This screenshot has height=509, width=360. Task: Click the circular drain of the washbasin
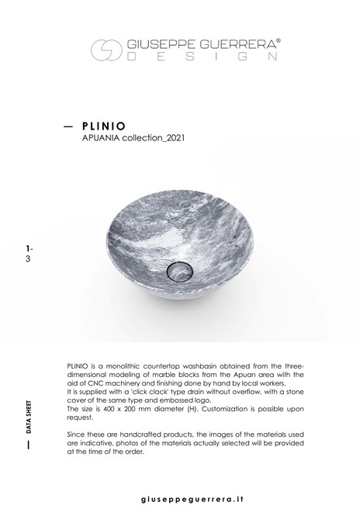click(x=179, y=272)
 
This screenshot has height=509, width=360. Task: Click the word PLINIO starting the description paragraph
click(x=81, y=363)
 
